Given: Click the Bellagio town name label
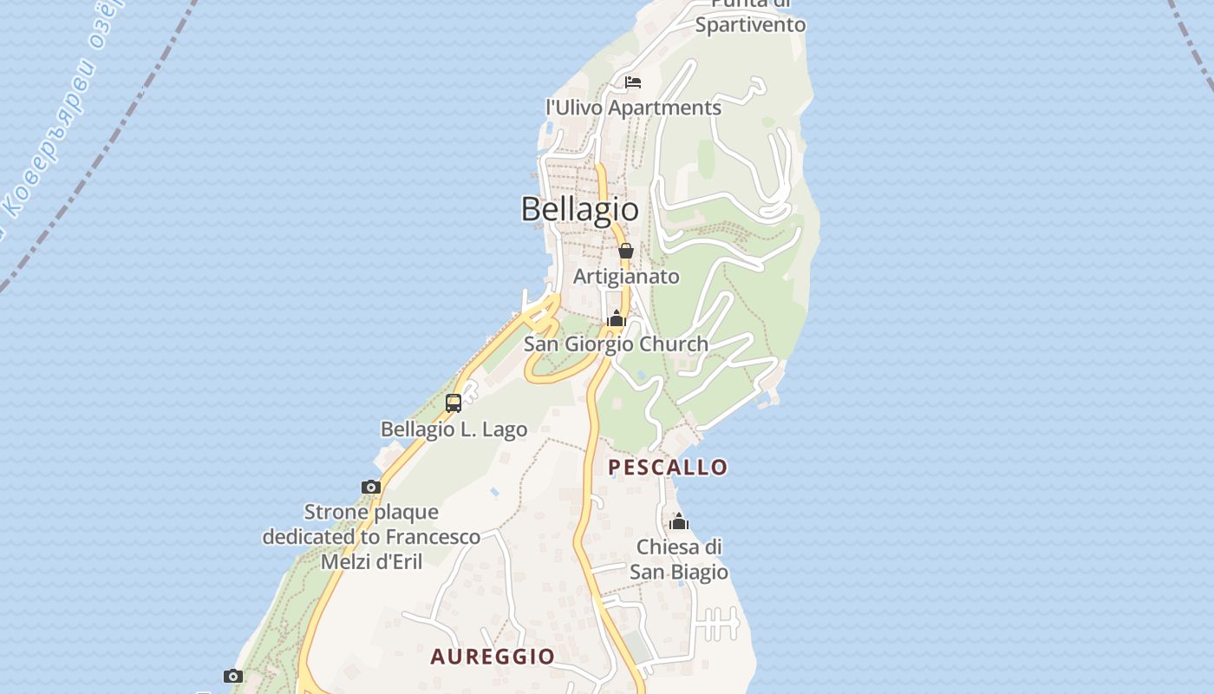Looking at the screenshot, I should pos(579,209).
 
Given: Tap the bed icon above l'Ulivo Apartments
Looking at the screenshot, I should pos(633,82).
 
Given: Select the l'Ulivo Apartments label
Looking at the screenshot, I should pos(633,108).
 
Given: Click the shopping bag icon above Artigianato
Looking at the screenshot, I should pos(625,251).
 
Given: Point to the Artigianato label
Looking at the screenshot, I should pos(626,277).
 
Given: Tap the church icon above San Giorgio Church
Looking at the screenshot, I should pos(617,318).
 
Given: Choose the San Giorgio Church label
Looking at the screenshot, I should pos(616,344).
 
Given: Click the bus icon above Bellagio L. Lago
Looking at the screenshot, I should pos(453,403).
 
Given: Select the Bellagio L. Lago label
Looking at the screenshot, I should pos(454,429).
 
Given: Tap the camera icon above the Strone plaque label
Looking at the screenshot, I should pos(371,488).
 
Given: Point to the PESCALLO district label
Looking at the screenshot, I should pos(668,468).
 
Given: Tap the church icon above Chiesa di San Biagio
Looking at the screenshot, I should pos(679,521).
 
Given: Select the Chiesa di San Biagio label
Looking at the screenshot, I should pos(679,560).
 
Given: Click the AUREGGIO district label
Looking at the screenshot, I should pos(493,657).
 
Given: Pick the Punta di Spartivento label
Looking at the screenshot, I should pos(750,17).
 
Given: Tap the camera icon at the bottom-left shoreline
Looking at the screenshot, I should pos(232,676).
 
